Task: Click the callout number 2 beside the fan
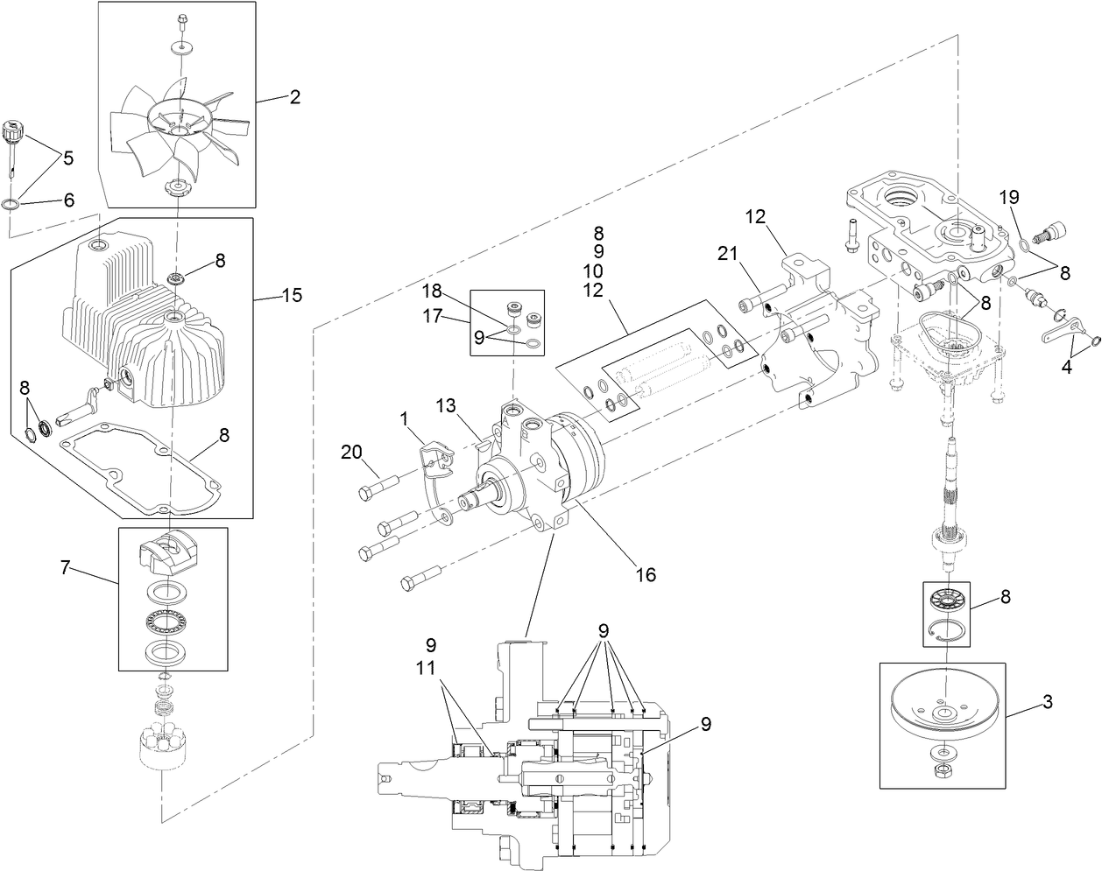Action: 295,97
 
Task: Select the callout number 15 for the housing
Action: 293,295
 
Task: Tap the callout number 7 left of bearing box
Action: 65,569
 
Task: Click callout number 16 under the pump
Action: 646,575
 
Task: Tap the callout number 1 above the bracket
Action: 405,419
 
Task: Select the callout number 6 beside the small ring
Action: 68,200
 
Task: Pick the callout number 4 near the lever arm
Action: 1066,368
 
